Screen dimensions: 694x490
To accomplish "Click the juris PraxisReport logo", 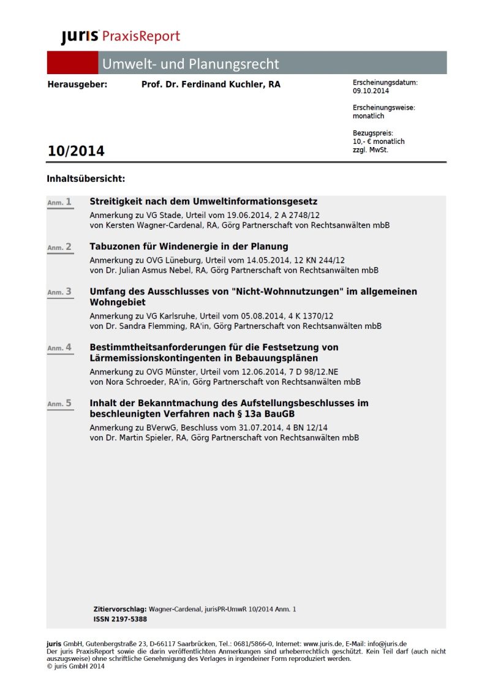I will (x=120, y=37).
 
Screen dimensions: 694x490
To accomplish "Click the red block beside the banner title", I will (x=72, y=63).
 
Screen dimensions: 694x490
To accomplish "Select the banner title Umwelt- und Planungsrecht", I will (x=190, y=64).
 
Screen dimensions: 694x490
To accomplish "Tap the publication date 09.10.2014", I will (x=372, y=91).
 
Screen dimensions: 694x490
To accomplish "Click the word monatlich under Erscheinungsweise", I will (x=369, y=116).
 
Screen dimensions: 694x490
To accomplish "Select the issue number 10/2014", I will (x=76, y=151).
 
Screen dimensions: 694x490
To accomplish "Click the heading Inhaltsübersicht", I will (x=86, y=179).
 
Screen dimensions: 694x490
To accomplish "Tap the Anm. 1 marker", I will (x=60, y=202).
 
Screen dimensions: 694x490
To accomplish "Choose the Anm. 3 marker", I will (x=60, y=292).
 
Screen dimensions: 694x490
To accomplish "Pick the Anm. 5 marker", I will (x=60, y=404).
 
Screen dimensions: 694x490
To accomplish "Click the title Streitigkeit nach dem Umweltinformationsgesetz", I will (x=203, y=202).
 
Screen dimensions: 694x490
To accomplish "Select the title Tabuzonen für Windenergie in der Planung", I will (x=189, y=247).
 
